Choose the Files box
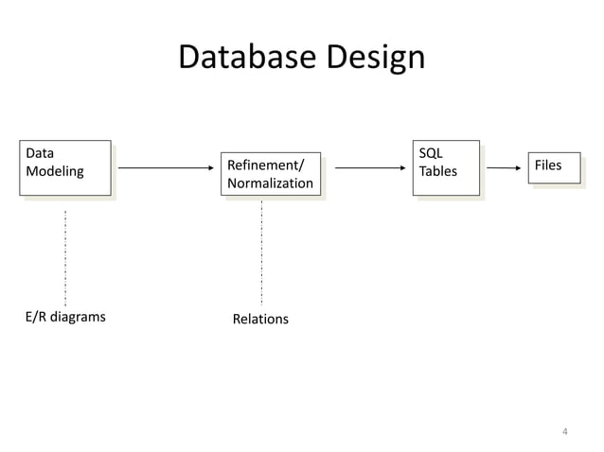click(x=555, y=166)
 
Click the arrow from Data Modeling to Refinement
click(x=165, y=169)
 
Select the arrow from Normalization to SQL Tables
click(x=369, y=169)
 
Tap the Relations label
click(x=260, y=320)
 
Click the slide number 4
click(x=564, y=433)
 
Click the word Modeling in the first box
click(x=55, y=172)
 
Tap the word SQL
click(x=431, y=153)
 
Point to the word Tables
click(x=437, y=172)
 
